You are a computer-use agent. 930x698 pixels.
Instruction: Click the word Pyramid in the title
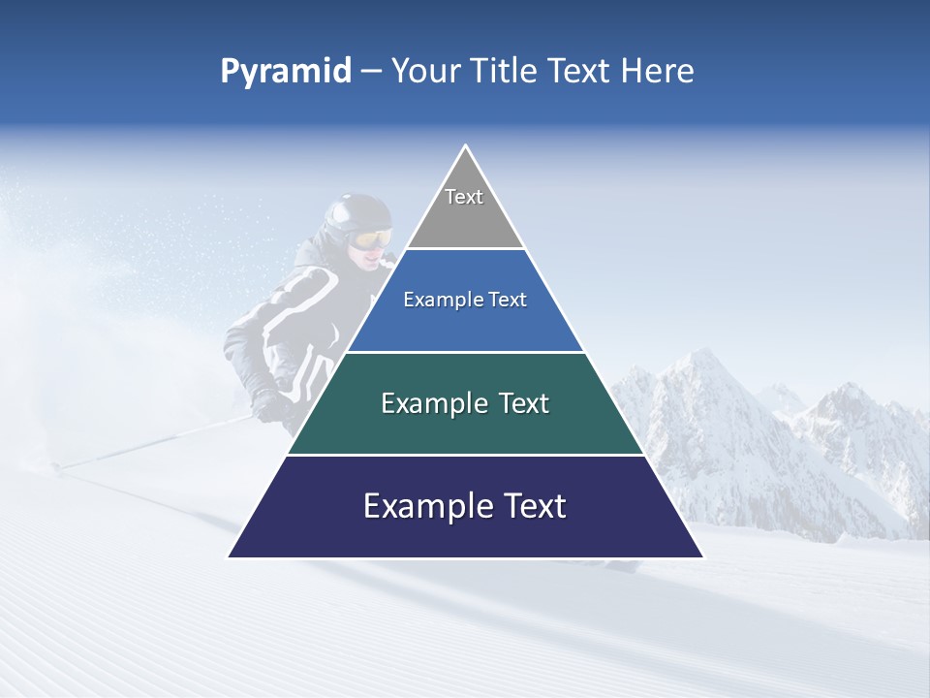(x=285, y=72)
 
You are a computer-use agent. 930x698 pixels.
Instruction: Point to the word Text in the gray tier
(x=464, y=197)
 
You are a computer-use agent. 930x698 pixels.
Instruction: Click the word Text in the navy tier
(x=529, y=506)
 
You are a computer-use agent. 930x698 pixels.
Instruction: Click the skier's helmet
(x=356, y=213)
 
